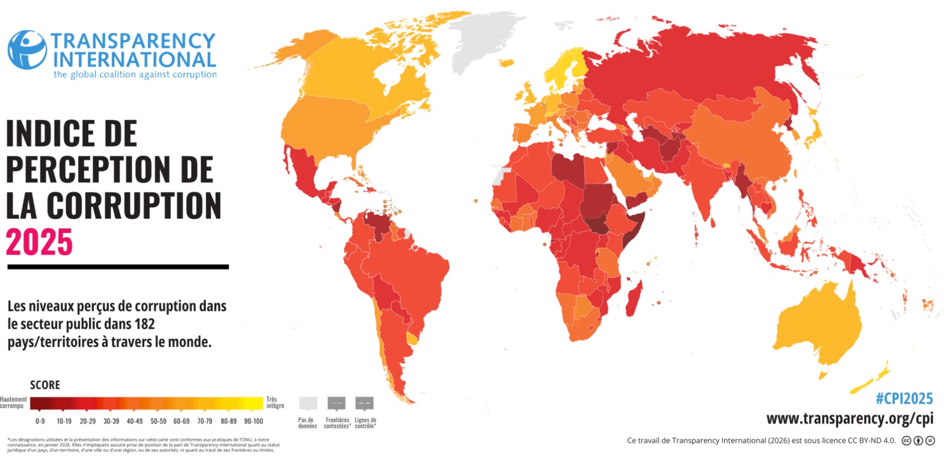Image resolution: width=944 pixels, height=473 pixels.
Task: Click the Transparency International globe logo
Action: (x=27, y=50)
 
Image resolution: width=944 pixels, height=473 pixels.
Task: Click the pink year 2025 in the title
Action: (x=39, y=242)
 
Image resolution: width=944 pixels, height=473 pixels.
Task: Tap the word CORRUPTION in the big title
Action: (x=134, y=206)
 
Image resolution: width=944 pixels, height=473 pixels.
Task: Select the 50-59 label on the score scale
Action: (x=158, y=421)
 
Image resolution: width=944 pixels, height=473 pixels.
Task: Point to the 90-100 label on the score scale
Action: (x=253, y=421)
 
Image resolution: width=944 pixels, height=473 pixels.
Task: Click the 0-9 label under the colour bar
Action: (x=40, y=421)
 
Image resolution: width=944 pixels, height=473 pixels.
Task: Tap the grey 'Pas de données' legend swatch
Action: (x=308, y=403)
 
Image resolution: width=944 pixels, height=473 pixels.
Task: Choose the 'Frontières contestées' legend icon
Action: (x=336, y=403)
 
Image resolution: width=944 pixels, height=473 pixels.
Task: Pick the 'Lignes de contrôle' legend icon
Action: (x=365, y=403)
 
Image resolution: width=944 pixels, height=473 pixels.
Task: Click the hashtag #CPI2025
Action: (x=904, y=398)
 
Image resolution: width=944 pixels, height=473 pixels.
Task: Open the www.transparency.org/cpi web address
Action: (x=849, y=418)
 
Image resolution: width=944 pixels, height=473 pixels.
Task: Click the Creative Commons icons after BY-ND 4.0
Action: (x=918, y=440)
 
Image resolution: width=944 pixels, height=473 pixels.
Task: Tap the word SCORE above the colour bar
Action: (x=45, y=385)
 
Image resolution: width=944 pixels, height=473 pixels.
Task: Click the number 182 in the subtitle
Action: (x=145, y=324)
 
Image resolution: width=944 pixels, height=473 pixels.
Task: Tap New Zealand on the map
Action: (x=872, y=380)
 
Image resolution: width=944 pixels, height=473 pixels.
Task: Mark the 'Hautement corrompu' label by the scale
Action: (x=13, y=402)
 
